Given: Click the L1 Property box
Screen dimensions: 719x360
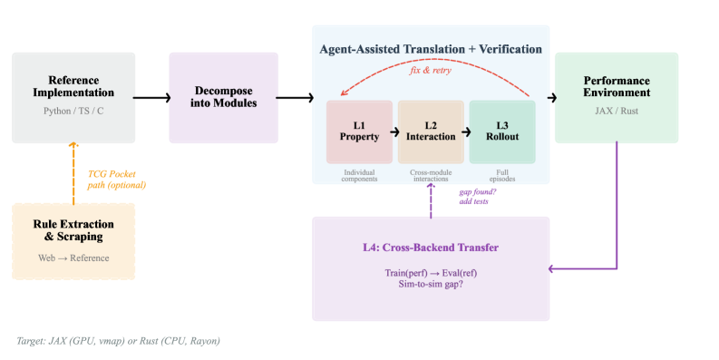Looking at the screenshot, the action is coord(359,132).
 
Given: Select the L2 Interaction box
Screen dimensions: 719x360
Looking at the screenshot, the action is coord(431,132).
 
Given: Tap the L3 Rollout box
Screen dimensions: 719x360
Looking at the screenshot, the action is coord(502,132).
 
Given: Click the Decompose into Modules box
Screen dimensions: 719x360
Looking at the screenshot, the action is coord(224,98).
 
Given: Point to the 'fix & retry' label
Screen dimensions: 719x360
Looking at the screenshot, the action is coord(430,70).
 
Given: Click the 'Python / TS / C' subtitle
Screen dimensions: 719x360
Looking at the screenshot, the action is coord(73,111).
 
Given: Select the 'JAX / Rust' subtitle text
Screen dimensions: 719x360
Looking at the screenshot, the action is coord(617,111).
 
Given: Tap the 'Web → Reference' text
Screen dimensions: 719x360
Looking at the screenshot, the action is coord(73,258).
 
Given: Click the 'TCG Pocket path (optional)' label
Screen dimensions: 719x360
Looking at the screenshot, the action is coord(116,180).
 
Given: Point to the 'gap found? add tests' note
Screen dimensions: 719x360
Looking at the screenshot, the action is coord(477,197).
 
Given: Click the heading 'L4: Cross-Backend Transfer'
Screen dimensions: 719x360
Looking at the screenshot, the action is coord(431,248).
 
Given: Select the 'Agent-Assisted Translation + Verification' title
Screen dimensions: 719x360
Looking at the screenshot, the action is coord(431,49).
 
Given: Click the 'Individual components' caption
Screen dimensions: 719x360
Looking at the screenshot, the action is coord(359,176).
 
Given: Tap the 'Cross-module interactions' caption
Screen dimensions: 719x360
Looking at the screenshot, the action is coord(431,176).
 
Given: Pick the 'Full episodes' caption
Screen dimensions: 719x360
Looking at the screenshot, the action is coord(502,176).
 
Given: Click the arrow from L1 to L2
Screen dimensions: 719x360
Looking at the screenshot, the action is coord(394,132).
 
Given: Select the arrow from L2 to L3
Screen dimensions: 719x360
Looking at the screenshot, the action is coord(466,132).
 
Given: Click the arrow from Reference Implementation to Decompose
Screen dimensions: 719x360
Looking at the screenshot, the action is coord(151,98).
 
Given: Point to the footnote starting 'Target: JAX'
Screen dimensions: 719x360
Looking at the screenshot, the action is coord(118,341).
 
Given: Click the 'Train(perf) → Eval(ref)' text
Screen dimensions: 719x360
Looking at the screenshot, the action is coord(431,273).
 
